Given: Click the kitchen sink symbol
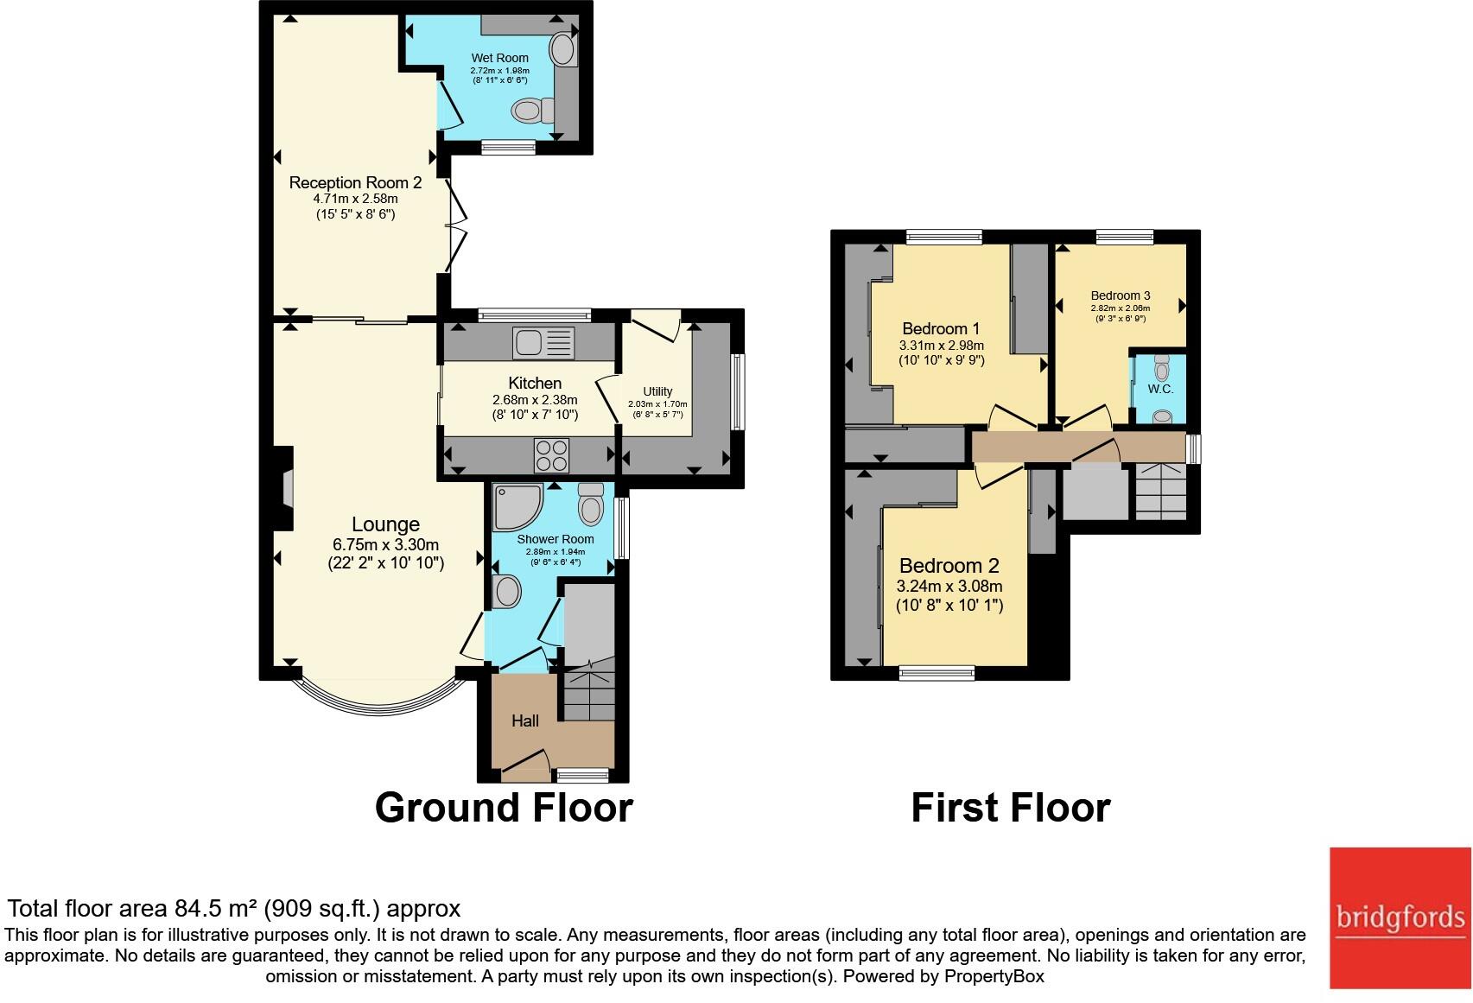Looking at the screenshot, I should tap(543, 343).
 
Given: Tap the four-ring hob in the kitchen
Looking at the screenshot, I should tap(552, 455).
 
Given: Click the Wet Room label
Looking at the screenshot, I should tap(499, 58).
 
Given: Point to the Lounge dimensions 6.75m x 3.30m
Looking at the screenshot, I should tap(385, 544).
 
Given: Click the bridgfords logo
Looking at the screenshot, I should tap(1400, 917).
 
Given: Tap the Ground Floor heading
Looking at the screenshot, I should tap(504, 807).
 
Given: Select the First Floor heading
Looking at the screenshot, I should tap(1010, 807).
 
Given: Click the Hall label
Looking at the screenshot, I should tap(525, 721).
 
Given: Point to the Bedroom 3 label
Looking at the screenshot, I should tap(1120, 295).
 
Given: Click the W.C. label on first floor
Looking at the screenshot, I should tap(1160, 390).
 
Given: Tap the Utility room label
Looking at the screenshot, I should tap(657, 391).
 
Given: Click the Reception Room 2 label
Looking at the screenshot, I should tap(355, 182).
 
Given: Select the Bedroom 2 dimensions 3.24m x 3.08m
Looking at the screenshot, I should tap(949, 586).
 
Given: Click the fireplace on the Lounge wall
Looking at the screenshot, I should tap(284, 488).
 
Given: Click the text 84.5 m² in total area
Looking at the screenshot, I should tap(216, 908).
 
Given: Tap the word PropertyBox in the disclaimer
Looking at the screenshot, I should tap(994, 976).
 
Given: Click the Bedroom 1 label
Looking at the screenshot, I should tap(941, 328).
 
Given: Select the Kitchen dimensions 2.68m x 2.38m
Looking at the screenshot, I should tap(535, 400).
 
